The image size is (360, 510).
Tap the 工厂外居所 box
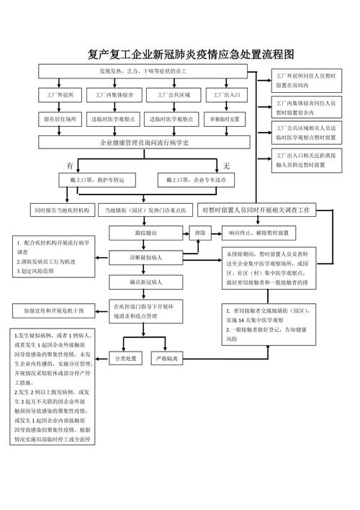click(60, 95)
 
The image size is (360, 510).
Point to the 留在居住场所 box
click(60, 118)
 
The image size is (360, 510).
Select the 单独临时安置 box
click(226, 118)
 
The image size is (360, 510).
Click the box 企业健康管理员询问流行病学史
click(144, 142)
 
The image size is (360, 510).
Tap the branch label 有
click(70, 165)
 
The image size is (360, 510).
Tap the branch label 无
click(226, 165)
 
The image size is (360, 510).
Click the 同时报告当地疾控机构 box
click(60, 210)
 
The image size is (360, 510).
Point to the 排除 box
click(200, 233)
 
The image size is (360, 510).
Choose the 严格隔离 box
click(170, 358)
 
